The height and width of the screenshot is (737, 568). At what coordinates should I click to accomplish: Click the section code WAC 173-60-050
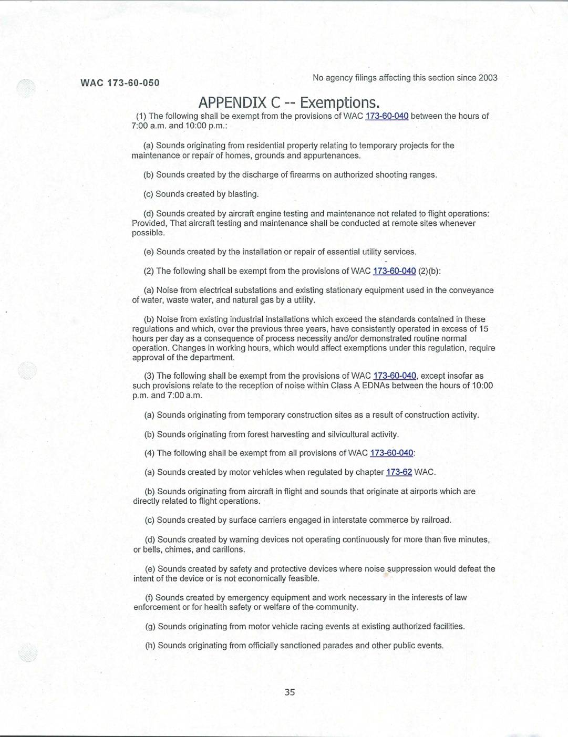[x=120, y=83]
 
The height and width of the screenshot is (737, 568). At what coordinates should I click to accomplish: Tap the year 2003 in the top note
[x=488, y=78]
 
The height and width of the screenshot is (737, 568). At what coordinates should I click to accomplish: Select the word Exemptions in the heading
[x=339, y=102]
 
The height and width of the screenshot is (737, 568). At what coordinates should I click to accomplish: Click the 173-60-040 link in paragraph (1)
[x=387, y=116]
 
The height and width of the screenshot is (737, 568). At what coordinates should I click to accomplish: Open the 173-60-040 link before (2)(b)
[x=394, y=271]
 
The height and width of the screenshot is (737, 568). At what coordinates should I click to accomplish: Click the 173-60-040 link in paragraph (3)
[x=395, y=376]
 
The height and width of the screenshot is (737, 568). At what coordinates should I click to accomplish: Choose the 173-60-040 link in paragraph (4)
[x=391, y=453]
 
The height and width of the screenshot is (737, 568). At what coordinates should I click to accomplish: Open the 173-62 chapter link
[x=399, y=472]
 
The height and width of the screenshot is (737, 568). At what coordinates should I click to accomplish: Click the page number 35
[x=290, y=692]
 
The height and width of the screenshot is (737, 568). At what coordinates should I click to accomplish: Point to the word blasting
[x=243, y=194]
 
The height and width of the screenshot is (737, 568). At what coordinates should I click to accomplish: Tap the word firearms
[x=305, y=175]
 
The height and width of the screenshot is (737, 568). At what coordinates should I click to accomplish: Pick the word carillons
[x=228, y=550]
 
